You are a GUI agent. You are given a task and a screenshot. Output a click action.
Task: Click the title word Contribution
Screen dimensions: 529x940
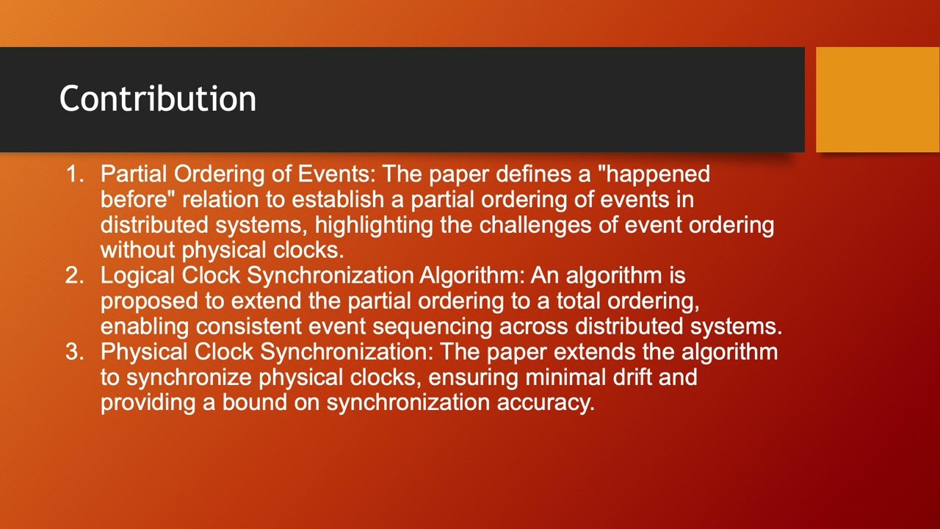157,98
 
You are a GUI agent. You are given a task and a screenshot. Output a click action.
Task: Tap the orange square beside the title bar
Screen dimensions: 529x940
878,99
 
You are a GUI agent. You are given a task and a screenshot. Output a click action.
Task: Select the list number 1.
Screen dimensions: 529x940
73,174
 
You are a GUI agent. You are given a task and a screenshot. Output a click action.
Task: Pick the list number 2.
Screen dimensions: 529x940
73,276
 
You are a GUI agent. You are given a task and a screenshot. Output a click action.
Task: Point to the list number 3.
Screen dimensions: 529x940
73,352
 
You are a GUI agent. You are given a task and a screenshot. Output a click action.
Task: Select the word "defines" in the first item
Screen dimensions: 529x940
554,174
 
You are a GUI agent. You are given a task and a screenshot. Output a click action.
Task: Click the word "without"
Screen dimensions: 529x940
138,250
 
